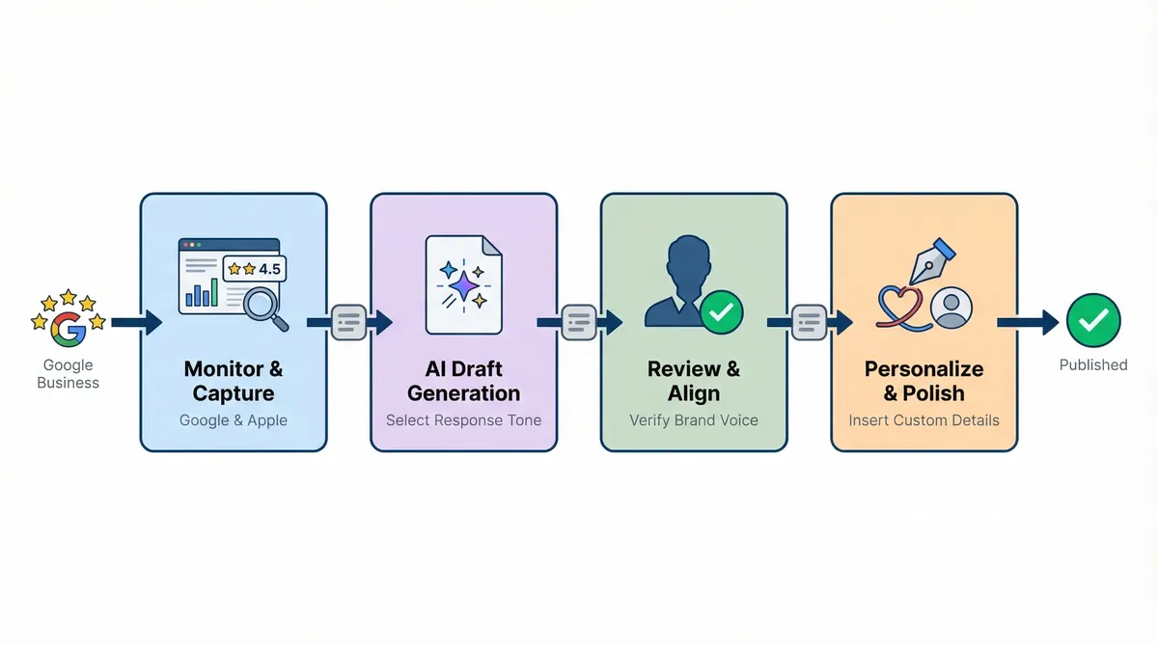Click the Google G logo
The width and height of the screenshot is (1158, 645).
(68, 329)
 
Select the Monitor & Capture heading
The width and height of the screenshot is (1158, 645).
(234, 381)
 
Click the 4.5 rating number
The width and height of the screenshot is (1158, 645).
(269, 269)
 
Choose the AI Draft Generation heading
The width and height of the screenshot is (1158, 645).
(463, 381)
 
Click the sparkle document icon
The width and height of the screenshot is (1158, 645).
(463, 283)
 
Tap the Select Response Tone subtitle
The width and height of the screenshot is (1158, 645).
(463, 420)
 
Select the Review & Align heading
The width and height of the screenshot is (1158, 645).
(694, 381)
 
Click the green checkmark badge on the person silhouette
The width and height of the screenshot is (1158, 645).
(722, 311)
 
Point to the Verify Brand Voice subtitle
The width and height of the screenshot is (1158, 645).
(694, 420)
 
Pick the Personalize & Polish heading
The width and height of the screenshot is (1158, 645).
(924, 381)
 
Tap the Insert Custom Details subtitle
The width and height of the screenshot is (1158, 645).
(924, 420)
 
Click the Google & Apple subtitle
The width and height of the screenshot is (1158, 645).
(234, 420)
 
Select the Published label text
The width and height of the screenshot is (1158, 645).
(1093, 364)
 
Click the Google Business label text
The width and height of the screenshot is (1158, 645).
(68, 373)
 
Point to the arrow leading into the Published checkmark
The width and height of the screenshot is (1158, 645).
(1027, 321)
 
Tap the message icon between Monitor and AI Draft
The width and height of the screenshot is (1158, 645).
(348, 321)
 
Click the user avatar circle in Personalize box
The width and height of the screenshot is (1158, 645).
(952, 306)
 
